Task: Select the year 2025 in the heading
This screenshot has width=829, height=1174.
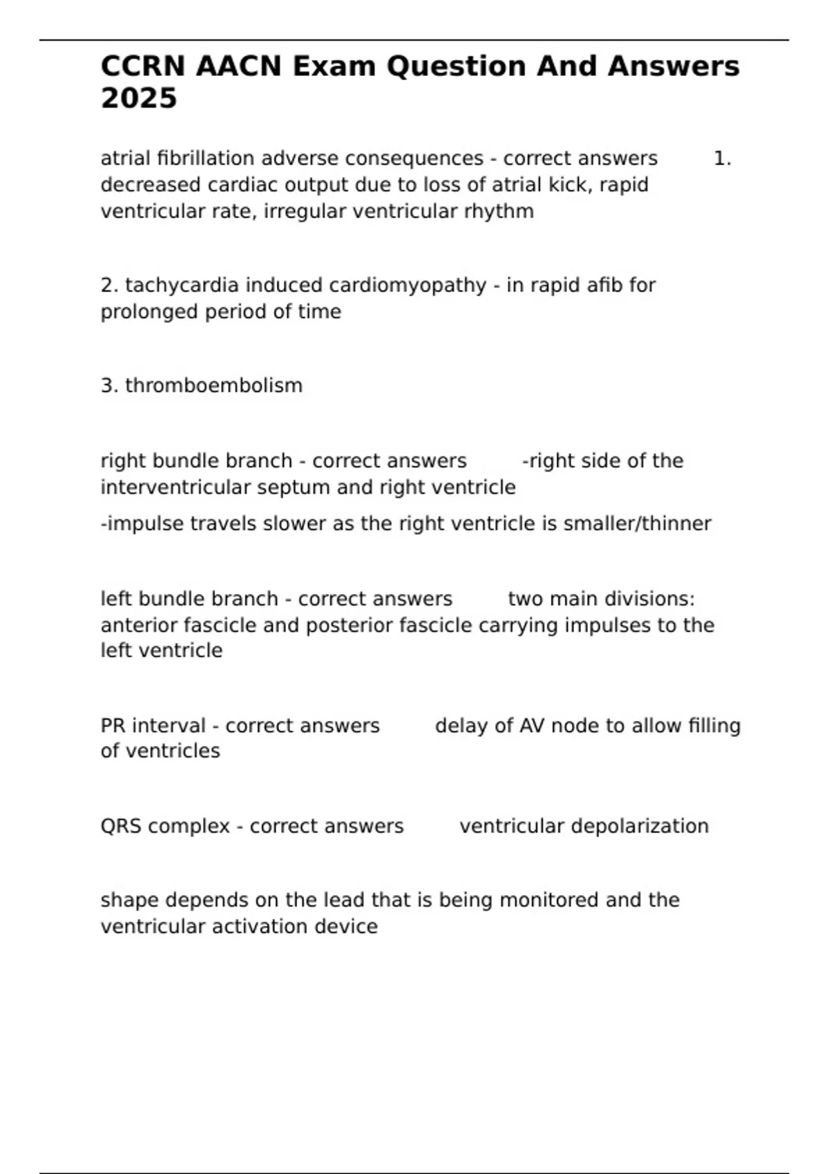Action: click(x=139, y=99)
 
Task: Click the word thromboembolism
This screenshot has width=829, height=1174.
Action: click(x=213, y=385)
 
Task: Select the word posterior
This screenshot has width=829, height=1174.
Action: click(x=347, y=626)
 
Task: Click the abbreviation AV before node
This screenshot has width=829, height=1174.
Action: click(x=532, y=726)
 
